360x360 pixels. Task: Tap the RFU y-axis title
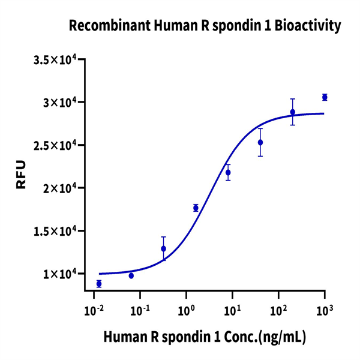point(22,175)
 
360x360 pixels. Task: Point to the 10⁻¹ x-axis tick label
point(140,311)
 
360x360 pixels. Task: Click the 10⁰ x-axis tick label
point(187,311)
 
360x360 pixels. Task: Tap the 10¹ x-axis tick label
point(233,311)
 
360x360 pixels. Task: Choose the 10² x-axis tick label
point(278,311)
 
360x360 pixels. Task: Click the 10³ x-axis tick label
point(325,311)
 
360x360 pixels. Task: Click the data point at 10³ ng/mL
point(325,97)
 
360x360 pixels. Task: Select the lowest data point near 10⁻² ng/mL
point(99,284)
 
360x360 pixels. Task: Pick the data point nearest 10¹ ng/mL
point(228,173)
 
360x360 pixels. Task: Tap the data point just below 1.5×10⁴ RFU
point(163,248)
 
